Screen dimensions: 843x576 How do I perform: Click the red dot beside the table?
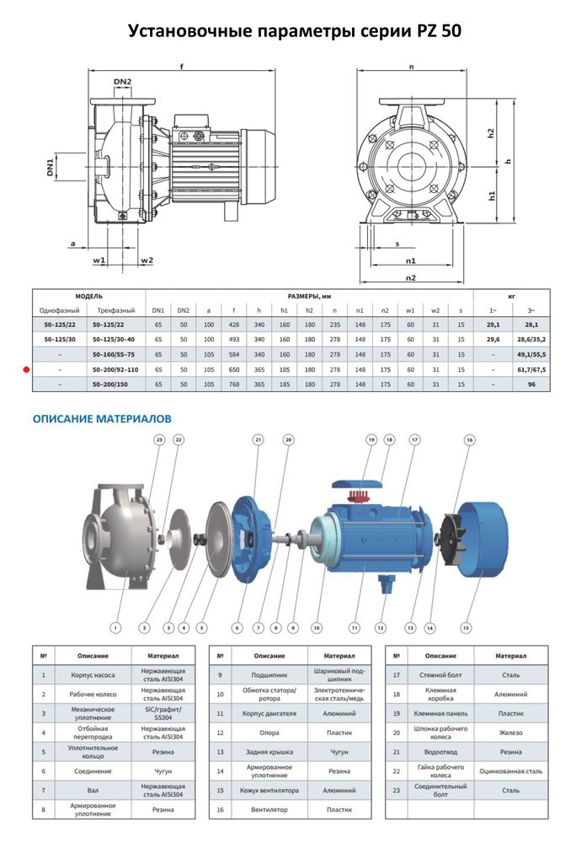26,369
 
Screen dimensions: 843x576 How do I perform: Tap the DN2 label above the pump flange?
123,82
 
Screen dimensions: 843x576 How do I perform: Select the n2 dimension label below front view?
411,277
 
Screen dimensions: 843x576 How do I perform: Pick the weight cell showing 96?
531,384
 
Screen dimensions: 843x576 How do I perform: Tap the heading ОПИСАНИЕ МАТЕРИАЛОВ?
102,417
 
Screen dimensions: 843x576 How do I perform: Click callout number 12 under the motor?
381,627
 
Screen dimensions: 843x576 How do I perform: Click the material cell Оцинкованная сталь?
510,771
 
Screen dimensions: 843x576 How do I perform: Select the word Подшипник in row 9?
269,674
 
